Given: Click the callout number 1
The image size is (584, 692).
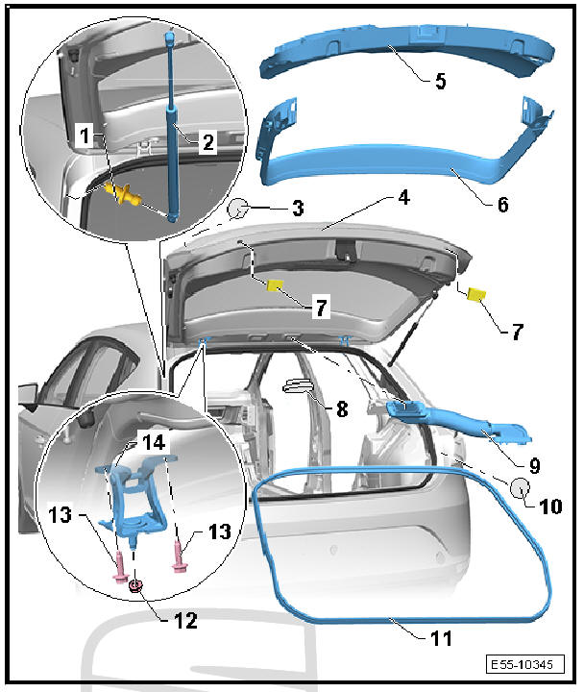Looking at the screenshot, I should tap(85, 138).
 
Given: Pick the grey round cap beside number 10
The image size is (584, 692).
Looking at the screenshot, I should tap(520, 487).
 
